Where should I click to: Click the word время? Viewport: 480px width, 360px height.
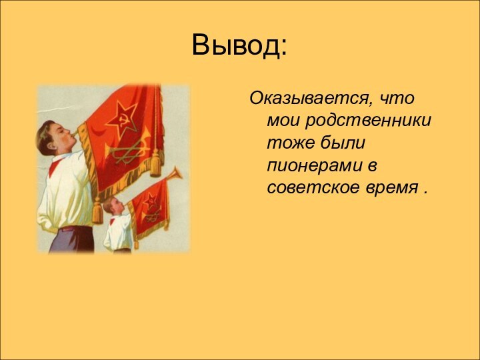click(389, 187)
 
